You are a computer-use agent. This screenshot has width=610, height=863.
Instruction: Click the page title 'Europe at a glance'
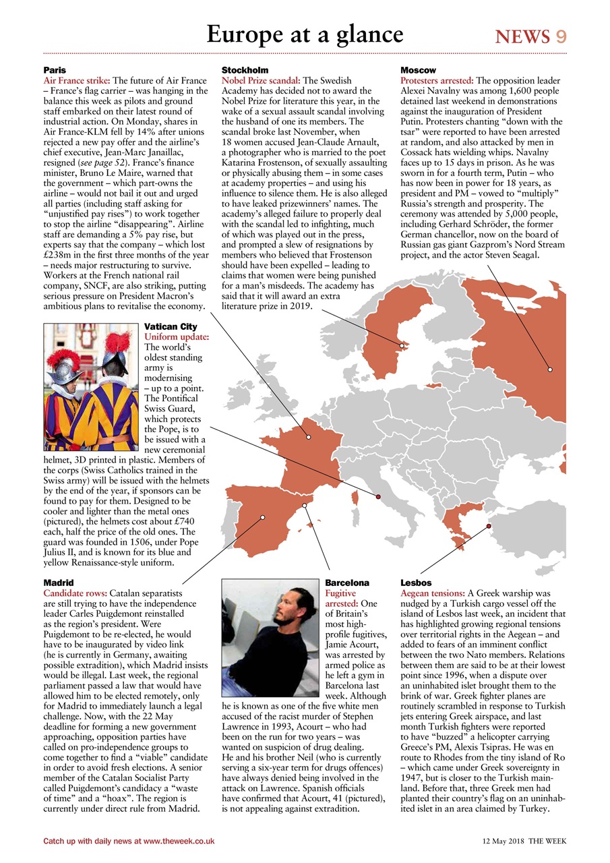coord(305,34)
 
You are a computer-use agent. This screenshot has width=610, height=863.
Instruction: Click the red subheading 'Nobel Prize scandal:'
coord(262,80)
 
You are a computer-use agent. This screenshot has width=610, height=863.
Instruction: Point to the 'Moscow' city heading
coord(418,70)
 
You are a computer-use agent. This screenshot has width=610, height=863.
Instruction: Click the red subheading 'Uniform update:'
coord(177,336)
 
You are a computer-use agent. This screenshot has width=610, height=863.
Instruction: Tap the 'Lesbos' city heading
coord(416,582)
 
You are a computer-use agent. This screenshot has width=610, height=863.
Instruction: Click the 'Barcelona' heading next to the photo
coord(347,582)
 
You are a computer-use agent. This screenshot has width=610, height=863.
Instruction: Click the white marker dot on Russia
coord(550,369)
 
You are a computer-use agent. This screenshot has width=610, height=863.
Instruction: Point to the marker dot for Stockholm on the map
coord(402,346)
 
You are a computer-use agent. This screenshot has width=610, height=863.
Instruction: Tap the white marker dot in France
coord(309,437)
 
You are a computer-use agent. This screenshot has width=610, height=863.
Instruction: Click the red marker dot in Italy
coord(378,497)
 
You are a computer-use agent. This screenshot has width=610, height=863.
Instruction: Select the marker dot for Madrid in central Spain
coord(263,517)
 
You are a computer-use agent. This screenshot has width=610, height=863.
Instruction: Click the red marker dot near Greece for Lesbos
coord(489,526)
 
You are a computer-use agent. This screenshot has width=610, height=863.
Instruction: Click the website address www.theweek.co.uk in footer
coord(179,841)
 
